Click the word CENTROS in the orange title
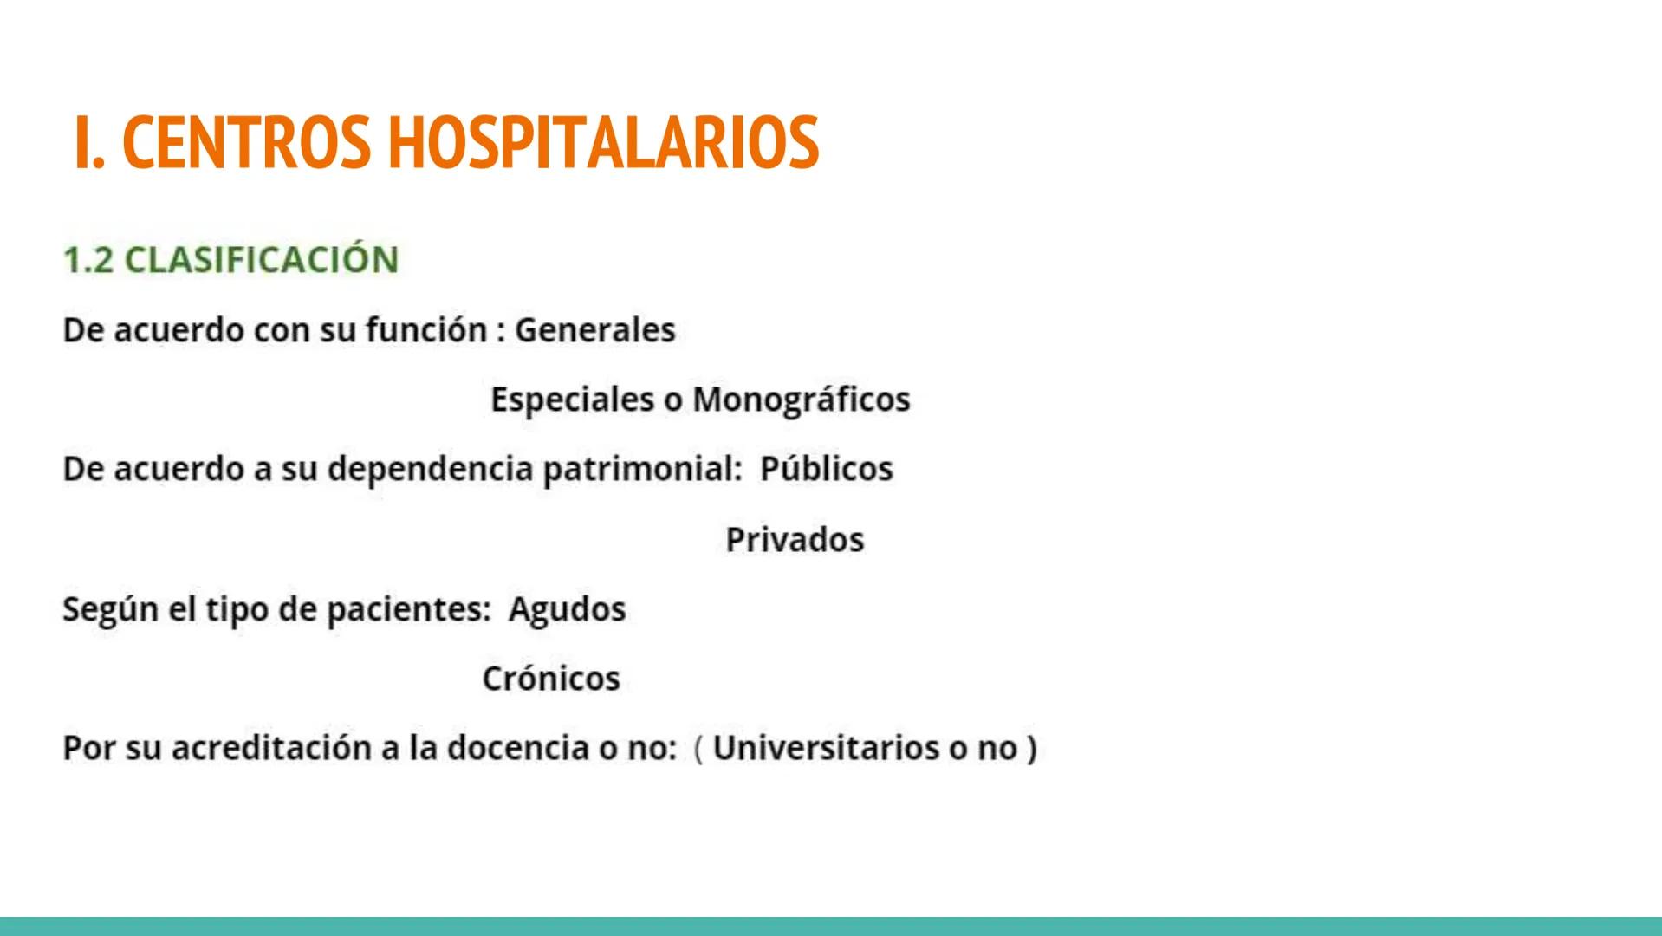246,142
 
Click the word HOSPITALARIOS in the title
602,142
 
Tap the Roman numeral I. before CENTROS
89,142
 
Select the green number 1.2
88,260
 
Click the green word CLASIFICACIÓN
261,260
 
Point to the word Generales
594,330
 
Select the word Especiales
572,400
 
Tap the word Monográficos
801,400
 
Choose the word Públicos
826,469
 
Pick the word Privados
795,540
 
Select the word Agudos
567,609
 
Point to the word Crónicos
551,679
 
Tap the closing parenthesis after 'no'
1031,748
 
